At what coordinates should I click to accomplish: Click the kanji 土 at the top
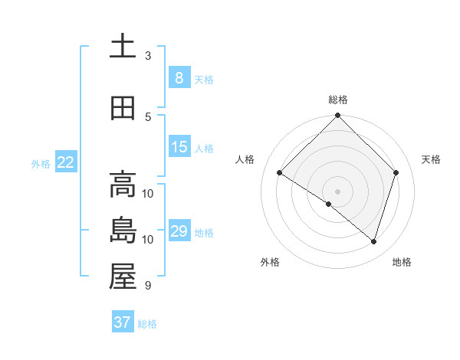[x=122, y=46]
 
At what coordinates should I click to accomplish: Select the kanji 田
[x=122, y=108]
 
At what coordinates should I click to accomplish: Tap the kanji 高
[x=122, y=185]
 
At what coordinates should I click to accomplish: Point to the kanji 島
[x=122, y=231]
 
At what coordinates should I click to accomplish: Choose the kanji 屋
[x=122, y=277]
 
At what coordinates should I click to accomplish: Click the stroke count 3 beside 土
[x=148, y=56]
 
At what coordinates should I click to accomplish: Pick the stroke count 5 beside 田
[x=148, y=117]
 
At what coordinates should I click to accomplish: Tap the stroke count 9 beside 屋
[x=147, y=286]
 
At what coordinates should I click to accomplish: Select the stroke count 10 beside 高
[x=148, y=194]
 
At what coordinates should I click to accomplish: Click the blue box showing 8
[x=179, y=77]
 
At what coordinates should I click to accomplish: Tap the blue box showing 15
[x=179, y=147]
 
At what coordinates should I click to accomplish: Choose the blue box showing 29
[x=179, y=231]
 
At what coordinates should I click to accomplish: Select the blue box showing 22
[x=66, y=162]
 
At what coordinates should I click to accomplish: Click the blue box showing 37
[x=122, y=322]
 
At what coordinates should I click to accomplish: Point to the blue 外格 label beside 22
[x=40, y=163]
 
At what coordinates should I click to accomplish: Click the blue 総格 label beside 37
[x=147, y=324]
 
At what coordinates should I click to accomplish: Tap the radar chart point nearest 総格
[x=337, y=116]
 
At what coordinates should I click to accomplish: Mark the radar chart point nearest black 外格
[x=329, y=205]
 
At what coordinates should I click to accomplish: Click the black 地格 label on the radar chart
[x=402, y=262]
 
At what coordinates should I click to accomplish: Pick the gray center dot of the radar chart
[x=337, y=191]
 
